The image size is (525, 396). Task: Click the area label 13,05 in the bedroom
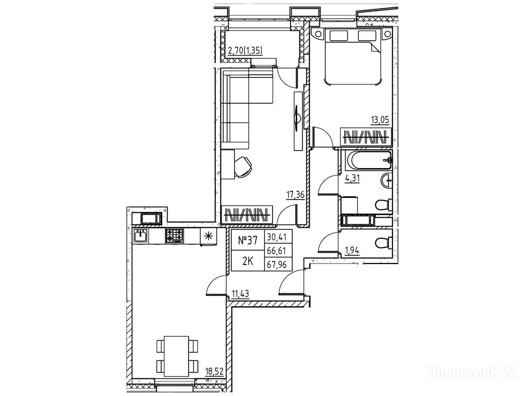[380, 120]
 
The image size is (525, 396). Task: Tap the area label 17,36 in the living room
[296, 195]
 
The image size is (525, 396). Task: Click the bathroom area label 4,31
[352, 178]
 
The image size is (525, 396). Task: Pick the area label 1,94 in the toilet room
[352, 250]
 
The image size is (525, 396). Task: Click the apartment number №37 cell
[248, 240]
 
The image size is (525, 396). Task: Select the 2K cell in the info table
[248, 261]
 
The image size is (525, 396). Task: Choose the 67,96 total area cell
[278, 265]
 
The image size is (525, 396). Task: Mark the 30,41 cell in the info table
[278, 237]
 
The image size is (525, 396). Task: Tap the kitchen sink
[140, 236]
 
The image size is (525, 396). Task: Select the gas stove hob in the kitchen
[174, 236]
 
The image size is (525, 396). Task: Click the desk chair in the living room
[243, 166]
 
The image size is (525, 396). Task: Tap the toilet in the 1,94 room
[384, 243]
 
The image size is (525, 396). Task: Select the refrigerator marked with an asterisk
[209, 236]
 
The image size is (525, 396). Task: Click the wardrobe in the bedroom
[365, 137]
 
